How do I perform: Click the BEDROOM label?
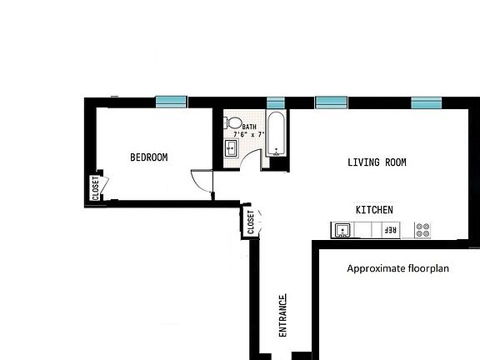[x=149, y=157]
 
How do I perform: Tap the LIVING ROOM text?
[x=377, y=162]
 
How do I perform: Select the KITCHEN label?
[x=374, y=210]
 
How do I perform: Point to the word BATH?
[x=249, y=126]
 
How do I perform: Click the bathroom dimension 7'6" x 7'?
[x=249, y=134]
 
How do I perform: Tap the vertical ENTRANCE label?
[x=283, y=315]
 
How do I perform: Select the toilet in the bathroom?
[x=232, y=122]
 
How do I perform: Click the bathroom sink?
[x=231, y=148]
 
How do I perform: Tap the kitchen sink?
[x=341, y=229]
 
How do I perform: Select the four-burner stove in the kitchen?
[x=422, y=229]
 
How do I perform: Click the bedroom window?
[x=172, y=102]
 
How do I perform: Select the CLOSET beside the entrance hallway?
[x=250, y=222]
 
